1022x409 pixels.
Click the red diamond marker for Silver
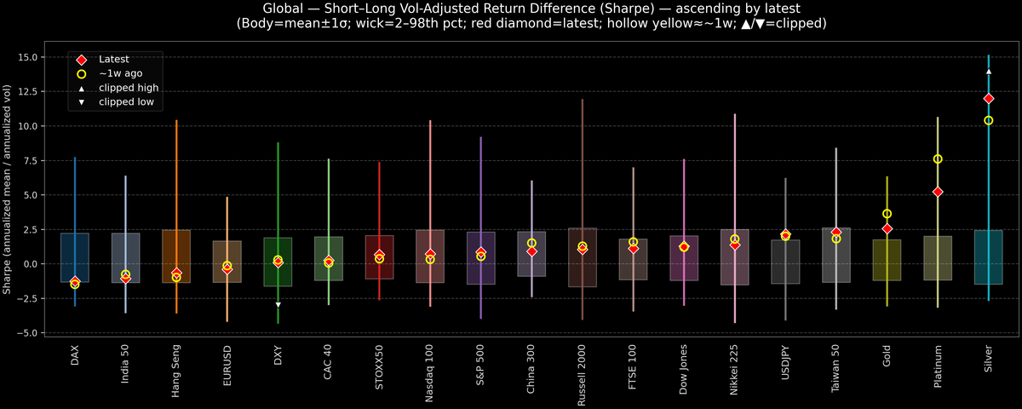pyautogui.click(x=988, y=99)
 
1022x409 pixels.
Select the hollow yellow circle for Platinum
pyautogui.click(x=938, y=159)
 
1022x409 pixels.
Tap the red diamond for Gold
pyautogui.click(x=887, y=228)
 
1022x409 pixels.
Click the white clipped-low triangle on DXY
pyautogui.click(x=278, y=304)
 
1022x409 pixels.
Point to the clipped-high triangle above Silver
pyautogui.click(x=988, y=72)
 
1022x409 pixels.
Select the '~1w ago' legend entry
pyautogui.click(x=117, y=74)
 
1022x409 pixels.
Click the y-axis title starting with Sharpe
pyautogui.click(x=8, y=189)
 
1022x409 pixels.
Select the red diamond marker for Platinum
pyautogui.click(x=938, y=192)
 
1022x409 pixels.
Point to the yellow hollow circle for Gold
pyautogui.click(x=887, y=214)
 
